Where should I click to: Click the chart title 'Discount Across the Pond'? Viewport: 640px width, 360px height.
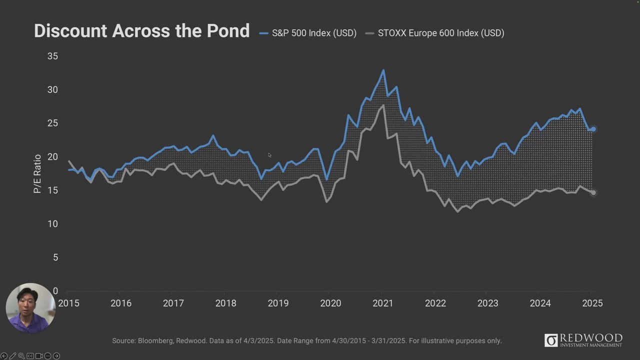point(141,31)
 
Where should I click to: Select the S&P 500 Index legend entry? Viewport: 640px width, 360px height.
point(308,33)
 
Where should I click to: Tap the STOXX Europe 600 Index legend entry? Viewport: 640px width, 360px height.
point(435,33)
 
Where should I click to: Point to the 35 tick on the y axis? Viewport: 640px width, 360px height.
point(52,56)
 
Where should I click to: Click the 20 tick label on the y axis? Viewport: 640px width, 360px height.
point(52,157)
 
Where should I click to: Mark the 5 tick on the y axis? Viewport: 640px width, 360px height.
point(55,257)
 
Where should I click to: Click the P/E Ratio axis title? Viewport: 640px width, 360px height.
point(37,173)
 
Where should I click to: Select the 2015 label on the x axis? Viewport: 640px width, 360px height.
point(68,303)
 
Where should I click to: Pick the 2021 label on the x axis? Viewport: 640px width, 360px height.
point(382,303)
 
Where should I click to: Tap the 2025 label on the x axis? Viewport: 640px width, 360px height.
point(592,303)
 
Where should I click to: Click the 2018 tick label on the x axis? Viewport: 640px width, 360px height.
point(225,303)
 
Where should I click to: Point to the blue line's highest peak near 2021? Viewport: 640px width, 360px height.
point(383,70)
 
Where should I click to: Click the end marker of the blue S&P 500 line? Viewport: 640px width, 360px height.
point(593,129)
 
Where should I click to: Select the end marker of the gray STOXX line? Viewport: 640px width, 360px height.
point(593,192)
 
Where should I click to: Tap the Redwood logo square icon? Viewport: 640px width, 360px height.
point(550,340)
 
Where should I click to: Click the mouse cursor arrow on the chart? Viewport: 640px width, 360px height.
point(269,155)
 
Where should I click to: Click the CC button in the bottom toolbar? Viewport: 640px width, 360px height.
point(30,356)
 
